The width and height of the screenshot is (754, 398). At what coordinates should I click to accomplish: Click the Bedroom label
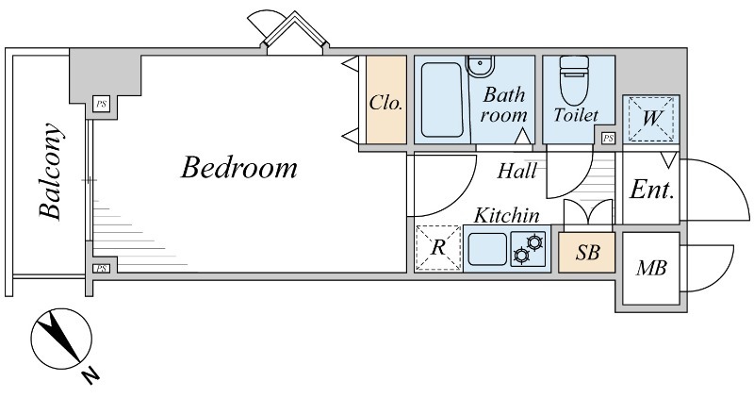(239, 168)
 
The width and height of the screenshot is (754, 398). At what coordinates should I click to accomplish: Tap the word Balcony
(51, 173)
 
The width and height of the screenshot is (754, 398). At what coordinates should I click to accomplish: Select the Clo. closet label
(385, 102)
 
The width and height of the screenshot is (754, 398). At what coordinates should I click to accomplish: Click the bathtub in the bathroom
(442, 100)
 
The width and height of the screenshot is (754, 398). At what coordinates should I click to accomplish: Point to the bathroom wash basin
(481, 65)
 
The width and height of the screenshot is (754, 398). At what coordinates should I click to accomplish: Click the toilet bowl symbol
(574, 80)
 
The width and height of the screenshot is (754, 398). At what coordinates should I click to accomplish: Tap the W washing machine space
(651, 119)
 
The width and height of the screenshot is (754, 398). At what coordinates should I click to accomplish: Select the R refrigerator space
(438, 248)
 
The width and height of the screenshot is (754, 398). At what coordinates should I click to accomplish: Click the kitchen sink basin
(487, 249)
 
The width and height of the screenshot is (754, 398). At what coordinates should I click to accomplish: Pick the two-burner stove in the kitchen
(528, 248)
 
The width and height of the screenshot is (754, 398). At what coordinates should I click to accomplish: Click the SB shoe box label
(587, 252)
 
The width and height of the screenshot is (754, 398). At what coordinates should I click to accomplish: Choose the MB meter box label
(651, 268)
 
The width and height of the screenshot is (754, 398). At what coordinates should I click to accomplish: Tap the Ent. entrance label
(651, 190)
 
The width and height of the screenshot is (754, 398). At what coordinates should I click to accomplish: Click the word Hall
(516, 171)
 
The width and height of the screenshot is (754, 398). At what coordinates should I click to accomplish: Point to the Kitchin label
(507, 216)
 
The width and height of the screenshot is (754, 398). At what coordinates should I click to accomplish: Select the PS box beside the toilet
(608, 139)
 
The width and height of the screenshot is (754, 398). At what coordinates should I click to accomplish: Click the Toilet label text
(576, 115)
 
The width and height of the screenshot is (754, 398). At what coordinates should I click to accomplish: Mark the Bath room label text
(503, 105)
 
